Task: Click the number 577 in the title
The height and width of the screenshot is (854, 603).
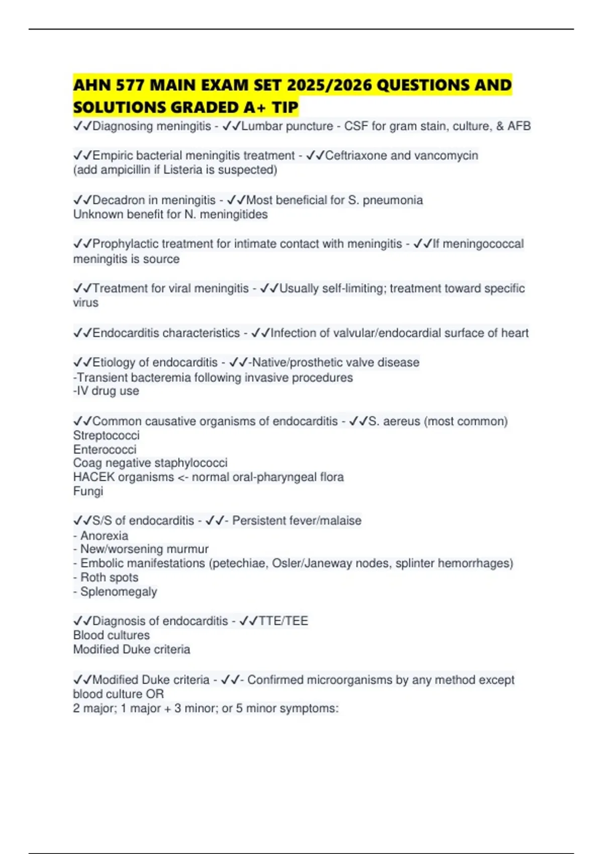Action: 130,85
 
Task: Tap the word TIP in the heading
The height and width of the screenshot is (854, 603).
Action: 282,107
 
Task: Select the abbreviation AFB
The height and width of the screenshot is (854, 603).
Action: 519,126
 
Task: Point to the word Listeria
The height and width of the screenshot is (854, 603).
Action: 180,170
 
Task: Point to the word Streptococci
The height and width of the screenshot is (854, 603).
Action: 106,435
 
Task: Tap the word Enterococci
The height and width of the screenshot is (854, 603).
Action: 105,449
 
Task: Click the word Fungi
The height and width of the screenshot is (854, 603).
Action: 88,491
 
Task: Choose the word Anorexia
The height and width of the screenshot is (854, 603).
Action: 104,536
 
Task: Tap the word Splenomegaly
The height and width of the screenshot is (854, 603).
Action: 119,592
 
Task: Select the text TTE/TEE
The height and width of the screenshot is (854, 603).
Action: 283,621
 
